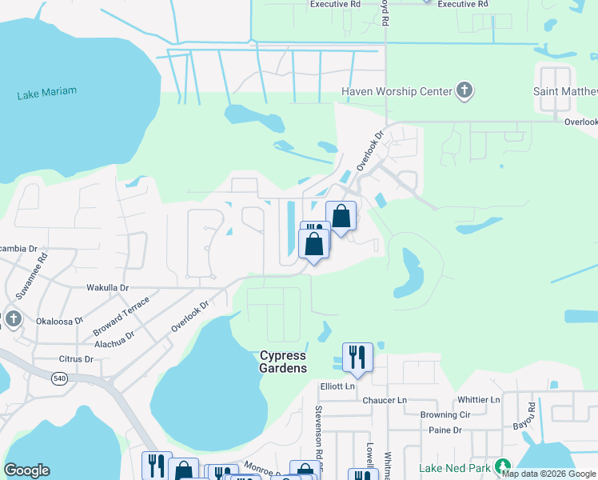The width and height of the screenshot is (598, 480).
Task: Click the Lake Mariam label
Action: [47, 93]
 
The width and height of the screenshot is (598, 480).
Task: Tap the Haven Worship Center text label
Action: [397, 91]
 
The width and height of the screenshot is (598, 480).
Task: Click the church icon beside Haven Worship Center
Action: [464, 90]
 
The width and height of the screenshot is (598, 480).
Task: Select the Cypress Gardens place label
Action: [283, 362]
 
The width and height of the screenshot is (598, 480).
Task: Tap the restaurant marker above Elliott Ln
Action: [357, 357]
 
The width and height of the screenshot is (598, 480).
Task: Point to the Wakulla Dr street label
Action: [107, 287]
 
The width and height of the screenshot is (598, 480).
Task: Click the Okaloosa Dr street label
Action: [60, 321]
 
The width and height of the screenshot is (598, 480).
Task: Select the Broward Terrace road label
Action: [120, 318]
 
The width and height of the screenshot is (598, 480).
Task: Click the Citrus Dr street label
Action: [77, 360]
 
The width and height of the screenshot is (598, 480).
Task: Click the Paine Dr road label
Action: [445, 430]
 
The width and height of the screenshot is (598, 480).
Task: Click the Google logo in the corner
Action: [27, 470]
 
